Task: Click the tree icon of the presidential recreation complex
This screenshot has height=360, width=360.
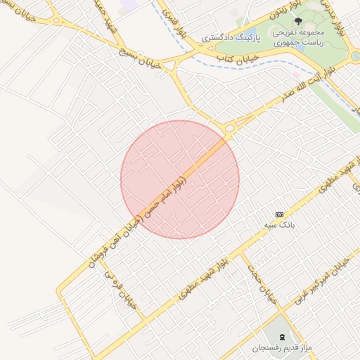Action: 298,21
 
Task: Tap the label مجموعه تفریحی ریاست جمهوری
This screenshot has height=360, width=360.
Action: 298,38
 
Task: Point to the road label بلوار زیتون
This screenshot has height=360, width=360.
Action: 281,14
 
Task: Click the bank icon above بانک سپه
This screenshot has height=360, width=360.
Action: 280,214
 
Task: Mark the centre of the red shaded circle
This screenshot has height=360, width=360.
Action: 180,180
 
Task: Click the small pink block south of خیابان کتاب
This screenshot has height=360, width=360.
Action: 296,74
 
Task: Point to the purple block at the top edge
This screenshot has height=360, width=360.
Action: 131,4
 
